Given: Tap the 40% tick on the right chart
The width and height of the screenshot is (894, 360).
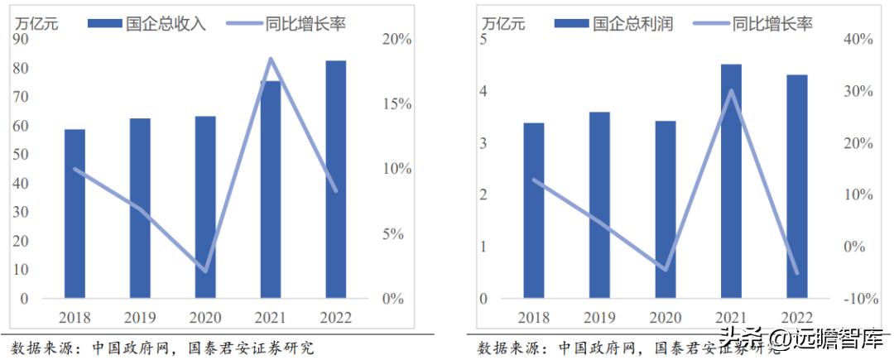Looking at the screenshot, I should pos(858,40).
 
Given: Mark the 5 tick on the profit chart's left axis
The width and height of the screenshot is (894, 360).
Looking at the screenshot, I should pos(484,40).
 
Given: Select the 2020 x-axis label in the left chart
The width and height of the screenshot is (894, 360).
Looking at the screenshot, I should pos(205,318).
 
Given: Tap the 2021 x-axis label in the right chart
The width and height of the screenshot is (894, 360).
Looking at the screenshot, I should pos(731,318).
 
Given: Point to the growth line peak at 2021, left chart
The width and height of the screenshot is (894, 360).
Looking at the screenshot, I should pos(271,59).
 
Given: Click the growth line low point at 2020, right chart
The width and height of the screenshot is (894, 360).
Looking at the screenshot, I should pos(666,270).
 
